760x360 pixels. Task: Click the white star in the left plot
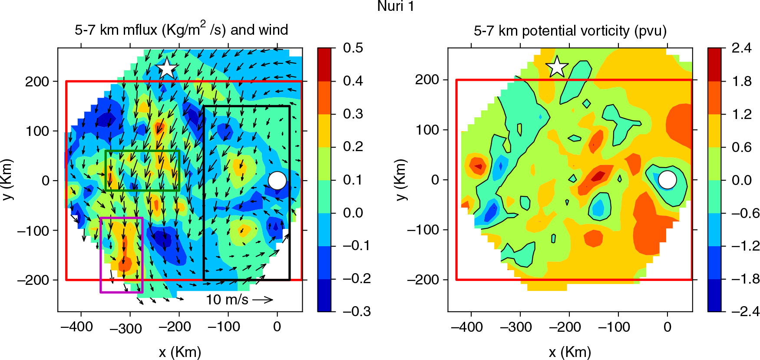click(x=167, y=68)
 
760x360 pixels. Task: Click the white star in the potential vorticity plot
click(x=557, y=67)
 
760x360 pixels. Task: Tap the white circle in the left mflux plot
click(x=277, y=181)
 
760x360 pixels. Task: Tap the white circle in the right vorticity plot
click(x=667, y=180)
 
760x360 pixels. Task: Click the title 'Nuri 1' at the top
click(x=396, y=6)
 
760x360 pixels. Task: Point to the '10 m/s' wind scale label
click(x=227, y=299)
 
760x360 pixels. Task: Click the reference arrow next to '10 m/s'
click(x=263, y=299)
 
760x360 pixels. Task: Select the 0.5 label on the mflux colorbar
click(x=353, y=48)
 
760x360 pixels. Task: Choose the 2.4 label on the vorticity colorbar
click(x=742, y=48)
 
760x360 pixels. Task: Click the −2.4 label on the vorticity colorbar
click(x=745, y=311)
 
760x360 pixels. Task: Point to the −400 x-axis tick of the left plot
click(x=77, y=327)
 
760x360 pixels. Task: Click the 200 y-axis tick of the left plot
click(x=37, y=81)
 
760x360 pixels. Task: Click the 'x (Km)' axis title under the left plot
click(x=180, y=352)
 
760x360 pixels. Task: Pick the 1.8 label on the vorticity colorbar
click(x=742, y=81)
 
